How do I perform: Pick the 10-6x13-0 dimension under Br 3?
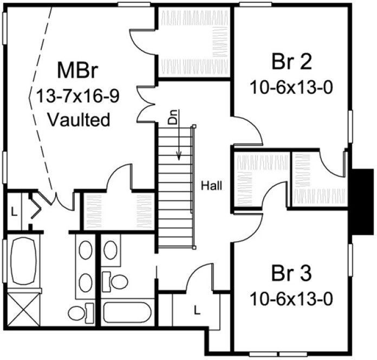coord(291,298)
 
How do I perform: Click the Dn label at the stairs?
coord(173,120)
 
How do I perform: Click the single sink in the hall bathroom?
coord(110,250)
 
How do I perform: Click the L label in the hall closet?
coord(197,310)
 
